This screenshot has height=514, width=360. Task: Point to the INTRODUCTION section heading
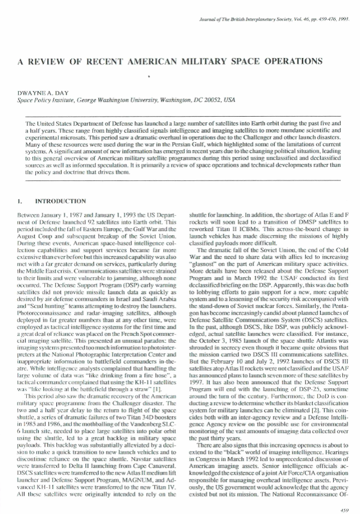click(x=61, y=201)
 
